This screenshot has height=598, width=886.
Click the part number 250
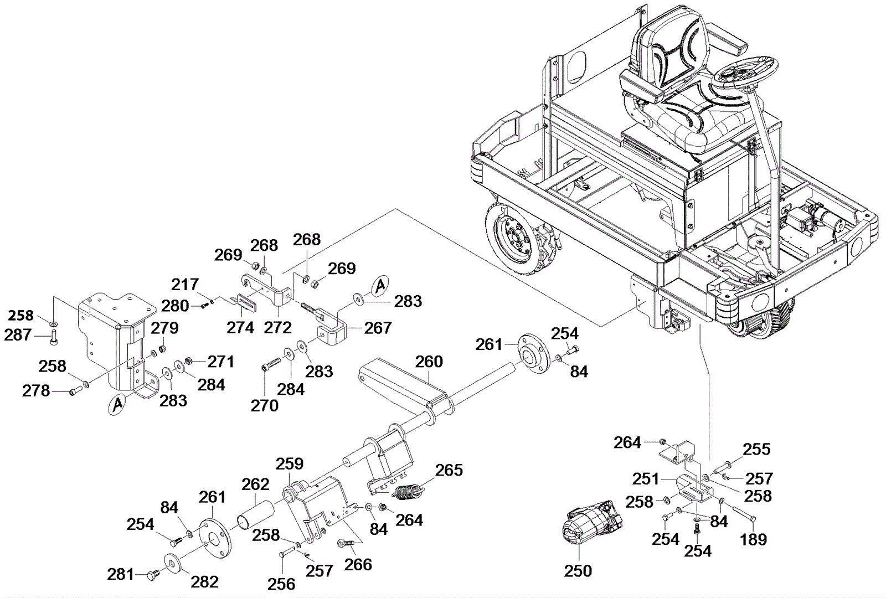[x=578, y=570]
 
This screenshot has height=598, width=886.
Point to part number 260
[x=429, y=362]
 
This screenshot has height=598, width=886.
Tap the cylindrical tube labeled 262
[x=255, y=512]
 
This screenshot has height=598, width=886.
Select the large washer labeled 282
[x=173, y=563]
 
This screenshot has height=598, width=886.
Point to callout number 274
[x=240, y=327]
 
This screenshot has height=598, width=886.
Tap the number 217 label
[x=184, y=285]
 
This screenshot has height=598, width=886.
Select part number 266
[x=358, y=564]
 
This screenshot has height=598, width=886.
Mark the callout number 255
[x=757, y=449]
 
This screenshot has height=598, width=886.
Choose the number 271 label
[x=220, y=362]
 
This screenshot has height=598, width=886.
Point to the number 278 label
[x=36, y=391]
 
